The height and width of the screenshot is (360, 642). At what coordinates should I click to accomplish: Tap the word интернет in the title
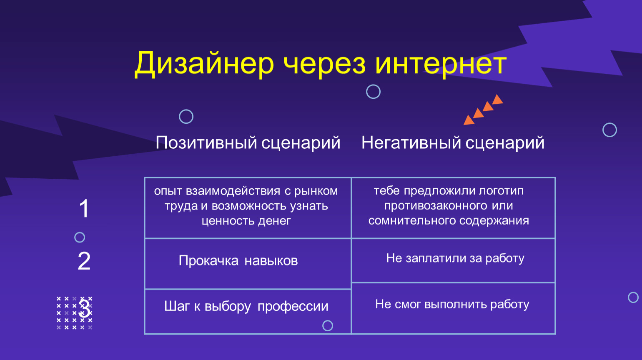click(x=441, y=65)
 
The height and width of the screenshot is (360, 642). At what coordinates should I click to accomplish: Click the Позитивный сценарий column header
click(x=248, y=143)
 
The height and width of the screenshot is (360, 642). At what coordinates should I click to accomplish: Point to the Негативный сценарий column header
click(x=453, y=143)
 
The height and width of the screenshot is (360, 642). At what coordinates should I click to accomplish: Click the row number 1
click(x=84, y=208)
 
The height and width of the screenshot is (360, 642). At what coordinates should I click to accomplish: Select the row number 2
click(x=84, y=261)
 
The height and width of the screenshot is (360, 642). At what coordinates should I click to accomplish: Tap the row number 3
click(x=85, y=308)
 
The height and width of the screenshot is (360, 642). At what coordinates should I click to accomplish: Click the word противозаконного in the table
click(x=436, y=206)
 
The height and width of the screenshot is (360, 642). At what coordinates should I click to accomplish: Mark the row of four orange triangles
click(x=483, y=110)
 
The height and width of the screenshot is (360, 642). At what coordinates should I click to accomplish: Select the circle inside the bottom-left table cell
click(x=328, y=321)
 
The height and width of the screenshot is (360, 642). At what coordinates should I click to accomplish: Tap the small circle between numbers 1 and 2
click(x=80, y=232)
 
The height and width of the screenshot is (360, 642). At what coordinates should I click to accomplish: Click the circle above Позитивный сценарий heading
click(x=186, y=110)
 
